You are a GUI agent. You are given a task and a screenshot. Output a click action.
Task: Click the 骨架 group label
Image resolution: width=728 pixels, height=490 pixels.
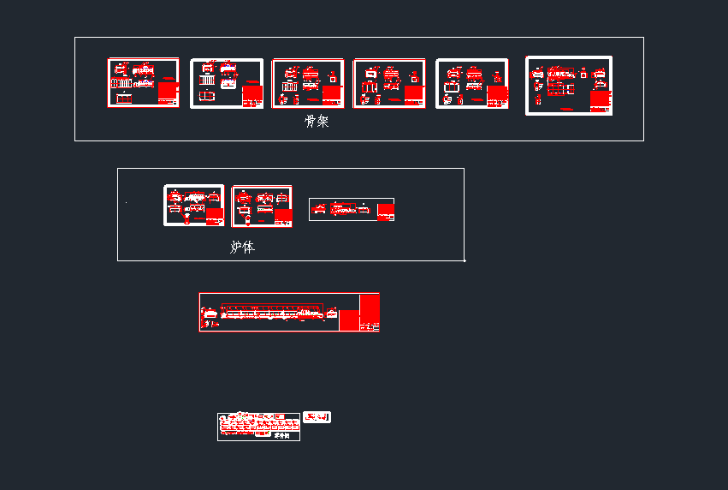point(317,122)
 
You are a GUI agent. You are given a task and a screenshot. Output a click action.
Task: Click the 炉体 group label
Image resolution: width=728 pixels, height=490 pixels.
point(242,248)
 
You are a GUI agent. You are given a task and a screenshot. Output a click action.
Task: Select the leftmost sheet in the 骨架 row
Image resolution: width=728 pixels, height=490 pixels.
point(143,82)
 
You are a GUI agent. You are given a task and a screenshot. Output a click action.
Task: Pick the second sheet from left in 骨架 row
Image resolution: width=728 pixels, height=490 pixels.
point(226,83)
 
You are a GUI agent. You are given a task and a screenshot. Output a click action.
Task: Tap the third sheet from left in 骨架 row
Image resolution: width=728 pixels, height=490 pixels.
point(308,83)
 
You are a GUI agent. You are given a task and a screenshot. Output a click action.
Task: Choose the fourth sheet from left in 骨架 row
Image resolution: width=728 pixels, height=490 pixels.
point(390,83)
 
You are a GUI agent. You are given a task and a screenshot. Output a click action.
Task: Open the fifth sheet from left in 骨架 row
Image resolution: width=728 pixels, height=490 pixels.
point(471,83)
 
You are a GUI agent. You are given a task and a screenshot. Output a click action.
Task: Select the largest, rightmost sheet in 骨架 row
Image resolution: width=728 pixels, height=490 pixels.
point(569,86)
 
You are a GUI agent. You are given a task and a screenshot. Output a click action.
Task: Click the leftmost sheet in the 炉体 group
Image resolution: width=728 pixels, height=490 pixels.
point(194,206)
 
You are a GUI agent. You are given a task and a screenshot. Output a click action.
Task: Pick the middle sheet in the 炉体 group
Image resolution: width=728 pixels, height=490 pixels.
point(262,206)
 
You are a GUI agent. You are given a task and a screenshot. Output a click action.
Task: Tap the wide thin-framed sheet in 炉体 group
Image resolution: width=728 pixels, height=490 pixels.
point(352,209)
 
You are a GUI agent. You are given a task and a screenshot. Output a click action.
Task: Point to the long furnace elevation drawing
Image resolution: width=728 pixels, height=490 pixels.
point(272,312)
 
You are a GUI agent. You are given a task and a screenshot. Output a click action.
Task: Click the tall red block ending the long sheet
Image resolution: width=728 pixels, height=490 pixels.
point(370,309)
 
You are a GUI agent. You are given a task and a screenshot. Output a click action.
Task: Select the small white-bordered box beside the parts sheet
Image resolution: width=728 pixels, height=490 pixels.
point(317,417)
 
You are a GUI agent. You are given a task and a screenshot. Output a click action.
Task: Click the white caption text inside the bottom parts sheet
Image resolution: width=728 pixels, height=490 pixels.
point(281,435)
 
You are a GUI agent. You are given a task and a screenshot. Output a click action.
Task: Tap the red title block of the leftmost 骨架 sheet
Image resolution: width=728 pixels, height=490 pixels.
point(168,91)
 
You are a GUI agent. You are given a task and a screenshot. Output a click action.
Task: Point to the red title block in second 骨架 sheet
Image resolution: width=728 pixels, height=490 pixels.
point(252,95)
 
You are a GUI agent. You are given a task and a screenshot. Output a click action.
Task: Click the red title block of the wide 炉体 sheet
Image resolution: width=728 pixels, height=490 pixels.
point(386,212)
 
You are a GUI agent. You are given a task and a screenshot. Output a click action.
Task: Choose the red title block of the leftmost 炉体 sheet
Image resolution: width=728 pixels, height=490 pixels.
point(215,216)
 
